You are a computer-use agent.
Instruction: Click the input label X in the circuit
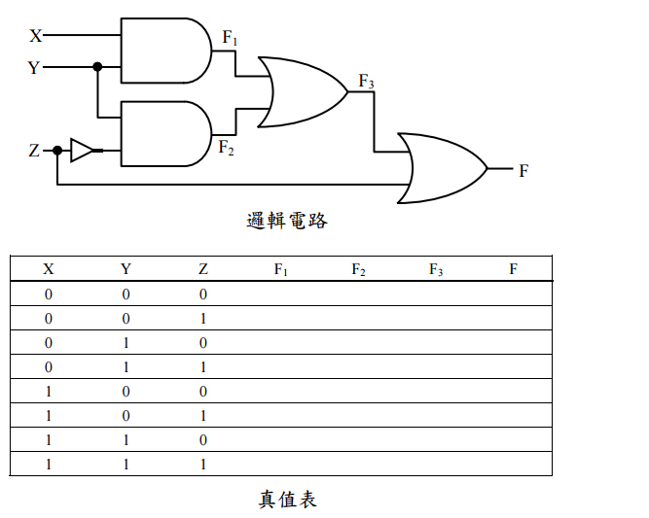pyautogui.click(x=36, y=36)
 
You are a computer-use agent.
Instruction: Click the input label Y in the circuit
pyautogui.click(x=35, y=68)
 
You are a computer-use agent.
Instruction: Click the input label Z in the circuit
pyautogui.click(x=35, y=151)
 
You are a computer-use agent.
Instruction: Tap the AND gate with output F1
pyautogui.click(x=163, y=52)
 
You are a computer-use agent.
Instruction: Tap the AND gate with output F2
pyautogui.click(x=163, y=133)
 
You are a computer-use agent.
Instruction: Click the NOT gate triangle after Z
pyautogui.click(x=82, y=151)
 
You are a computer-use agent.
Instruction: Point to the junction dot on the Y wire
pyautogui.click(x=97, y=67)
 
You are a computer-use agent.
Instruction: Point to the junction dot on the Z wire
pyautogui.click(x=57, y=151)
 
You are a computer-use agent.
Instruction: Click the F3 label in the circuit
pyautogui.click(x=366, y=82)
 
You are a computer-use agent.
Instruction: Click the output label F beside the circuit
pyautogui.click(x=523, y=171)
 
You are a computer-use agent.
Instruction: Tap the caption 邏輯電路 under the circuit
pyautogui.click(x=287, y=221)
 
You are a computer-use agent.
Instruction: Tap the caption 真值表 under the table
pyautogui.click(x=287, y=500)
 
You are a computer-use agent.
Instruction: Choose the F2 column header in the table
pyautogui.click(x=358, y=269)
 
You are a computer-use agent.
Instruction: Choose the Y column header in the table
pyautogui.click(x=126, y=269)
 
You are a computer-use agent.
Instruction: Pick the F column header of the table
pyautogui.click(x=513, y=269)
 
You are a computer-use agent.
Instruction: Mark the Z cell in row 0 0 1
pyautogui.click(x=202, y=318)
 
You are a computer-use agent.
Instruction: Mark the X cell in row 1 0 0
pyautogui.click(x=49, y=391)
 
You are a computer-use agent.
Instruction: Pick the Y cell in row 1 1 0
pyautogui.click(x=126, y=439)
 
